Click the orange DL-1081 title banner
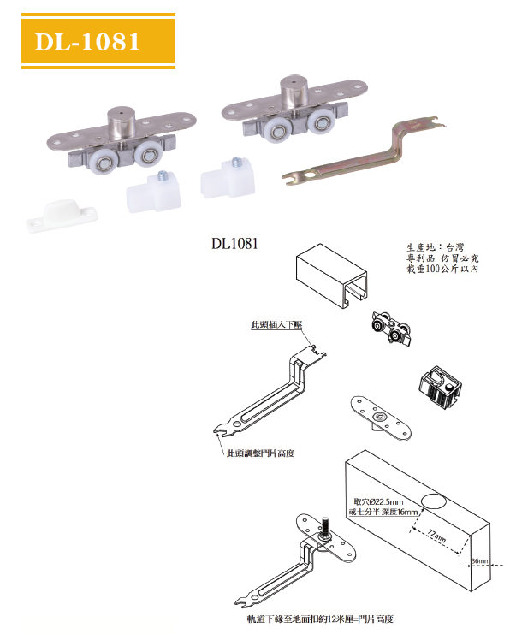tap(98, 41)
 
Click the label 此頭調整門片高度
tap(260, 453)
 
